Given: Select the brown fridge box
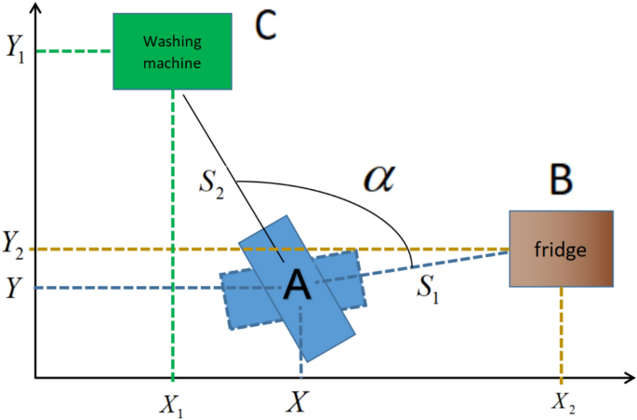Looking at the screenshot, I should [562, 249].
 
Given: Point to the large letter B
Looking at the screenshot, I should [560, 182].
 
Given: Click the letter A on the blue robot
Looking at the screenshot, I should [297, 286].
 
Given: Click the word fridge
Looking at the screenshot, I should [553, 250].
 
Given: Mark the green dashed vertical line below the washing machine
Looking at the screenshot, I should [173, 233].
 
